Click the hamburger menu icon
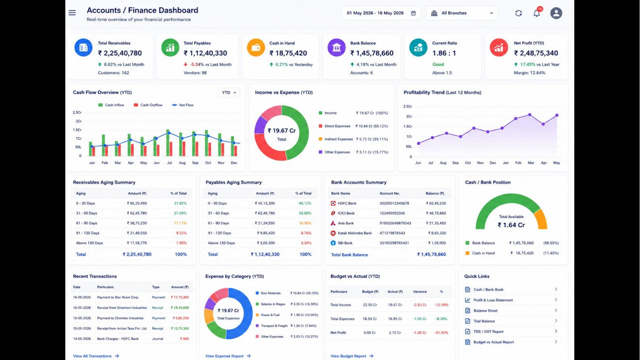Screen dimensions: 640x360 coord(72,13)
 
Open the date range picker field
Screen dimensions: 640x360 coord(381,13)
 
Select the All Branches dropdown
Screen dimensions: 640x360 coord(462,13)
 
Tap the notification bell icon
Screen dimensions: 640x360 coord(537,13)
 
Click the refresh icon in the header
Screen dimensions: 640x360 coord(519,13)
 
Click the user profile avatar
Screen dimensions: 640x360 coord(556,13)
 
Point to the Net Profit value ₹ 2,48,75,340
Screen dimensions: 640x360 coord(536,53)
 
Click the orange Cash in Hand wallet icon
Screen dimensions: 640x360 coord(256,48)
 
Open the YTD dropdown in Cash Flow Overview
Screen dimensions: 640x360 coord(229,93)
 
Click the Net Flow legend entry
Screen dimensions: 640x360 coord(183,105)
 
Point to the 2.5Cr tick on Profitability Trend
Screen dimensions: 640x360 coord(407,106)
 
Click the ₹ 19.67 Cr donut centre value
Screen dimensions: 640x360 coord(282,131)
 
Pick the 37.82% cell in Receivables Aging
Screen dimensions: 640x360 coord(180,203)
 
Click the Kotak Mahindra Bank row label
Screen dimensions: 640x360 coord(355,233)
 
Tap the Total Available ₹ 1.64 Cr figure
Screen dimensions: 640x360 coord(511,225)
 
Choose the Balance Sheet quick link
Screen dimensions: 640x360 coord(485,311)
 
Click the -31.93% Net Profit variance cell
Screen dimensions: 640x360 coord(441,333)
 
